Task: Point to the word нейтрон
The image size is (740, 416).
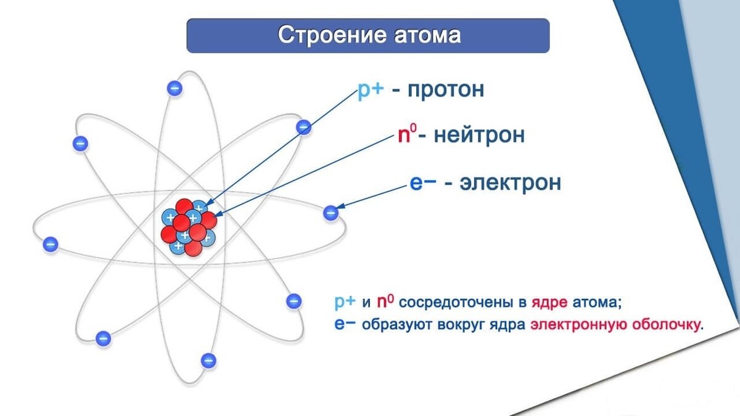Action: point(479,135)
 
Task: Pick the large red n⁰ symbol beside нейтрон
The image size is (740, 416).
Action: point(408,135)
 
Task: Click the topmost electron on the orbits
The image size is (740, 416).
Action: point(175,88)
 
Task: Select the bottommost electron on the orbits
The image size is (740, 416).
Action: point(208,361)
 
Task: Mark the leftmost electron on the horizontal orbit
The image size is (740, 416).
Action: point(51,244)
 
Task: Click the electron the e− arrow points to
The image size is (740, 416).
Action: point(331,213)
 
